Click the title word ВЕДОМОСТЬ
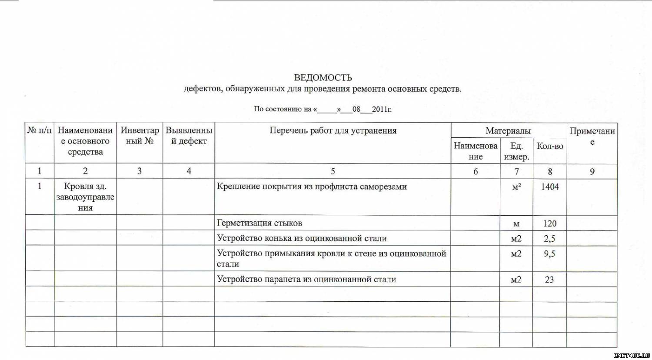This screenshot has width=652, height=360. [323, 78]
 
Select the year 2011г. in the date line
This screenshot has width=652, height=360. [382, 109]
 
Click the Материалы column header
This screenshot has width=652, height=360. [508, 130]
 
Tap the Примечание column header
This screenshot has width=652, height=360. [592, 136]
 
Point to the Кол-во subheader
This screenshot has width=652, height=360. [550, 146]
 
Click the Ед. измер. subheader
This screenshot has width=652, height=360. [516, 151]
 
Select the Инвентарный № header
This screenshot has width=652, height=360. [140, 136]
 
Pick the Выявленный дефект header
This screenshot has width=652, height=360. [189, 136]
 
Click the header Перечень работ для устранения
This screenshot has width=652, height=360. [333, 130]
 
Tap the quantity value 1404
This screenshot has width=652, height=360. [550, 187]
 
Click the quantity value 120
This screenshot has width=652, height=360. [550, 223]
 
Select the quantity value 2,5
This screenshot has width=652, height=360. [549, 239]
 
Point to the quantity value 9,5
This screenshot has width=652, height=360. [549, 253]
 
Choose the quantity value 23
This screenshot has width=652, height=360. [549, 280]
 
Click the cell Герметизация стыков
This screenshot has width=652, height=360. [259, 223]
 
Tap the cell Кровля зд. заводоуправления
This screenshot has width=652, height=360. [85, 197]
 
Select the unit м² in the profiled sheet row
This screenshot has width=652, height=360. [516, 187]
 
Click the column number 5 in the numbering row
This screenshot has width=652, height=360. [333, 171]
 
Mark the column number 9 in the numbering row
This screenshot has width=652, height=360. [592, 171]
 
